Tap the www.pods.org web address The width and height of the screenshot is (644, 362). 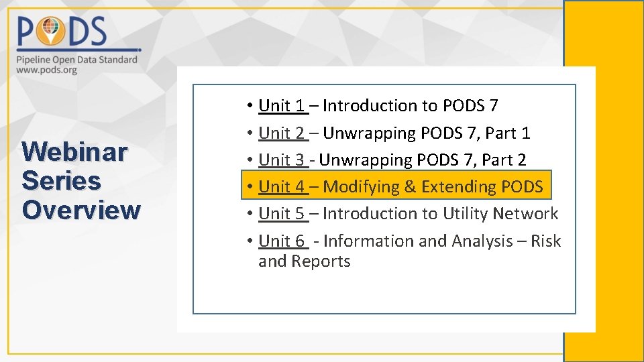click(46, 69)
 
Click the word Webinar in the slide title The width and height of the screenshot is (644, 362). click(74, 153)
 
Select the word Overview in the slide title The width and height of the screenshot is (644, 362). click(81, 210)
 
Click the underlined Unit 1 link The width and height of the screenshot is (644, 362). click(282, 106)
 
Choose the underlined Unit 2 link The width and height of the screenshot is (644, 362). click(282, 133)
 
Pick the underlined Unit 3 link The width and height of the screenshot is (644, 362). click(282, 160)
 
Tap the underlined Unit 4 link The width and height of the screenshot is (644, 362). click(282, 187)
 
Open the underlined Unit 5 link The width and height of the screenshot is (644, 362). click(282, 214)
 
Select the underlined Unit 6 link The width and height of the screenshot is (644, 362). click(282, 241)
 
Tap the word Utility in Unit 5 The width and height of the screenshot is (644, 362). click(466, 214)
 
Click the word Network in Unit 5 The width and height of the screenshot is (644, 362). click(525, 214)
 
